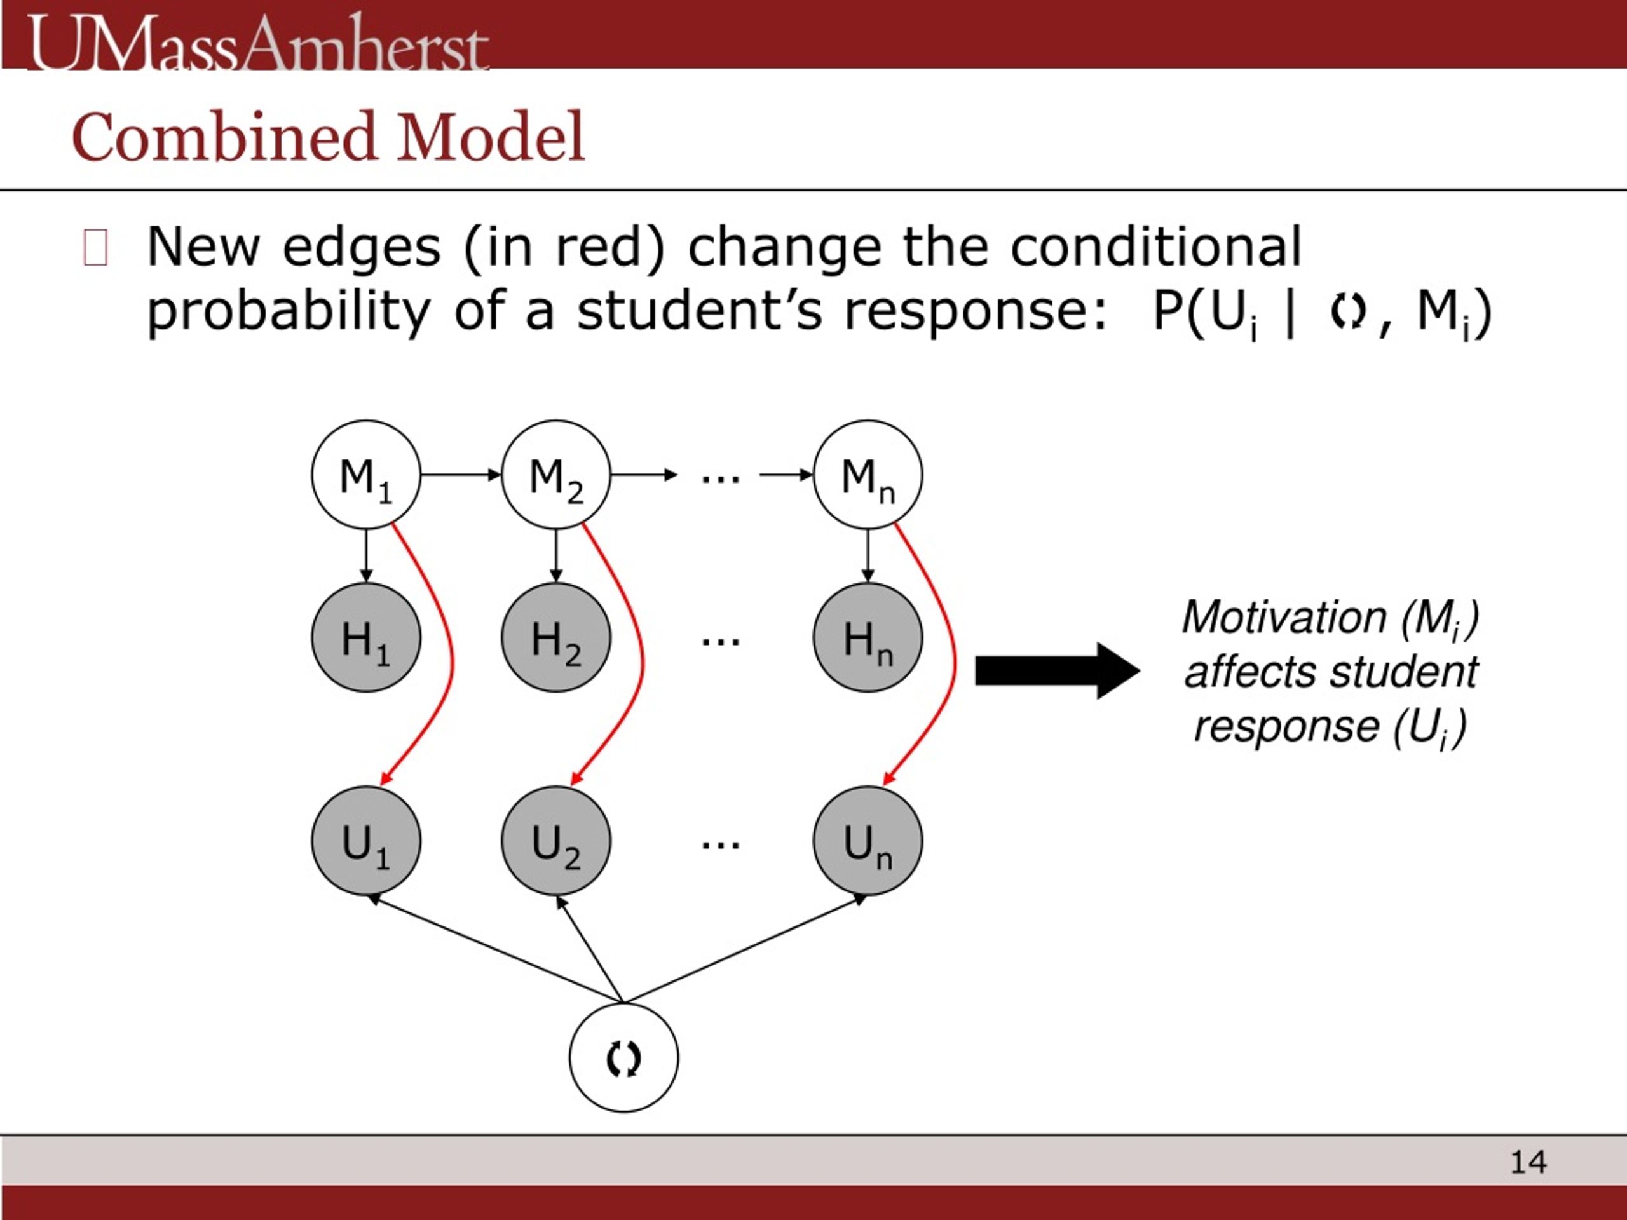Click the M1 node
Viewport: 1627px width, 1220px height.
(x=365, y=474)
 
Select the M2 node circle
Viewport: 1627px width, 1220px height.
(x=556, y=474)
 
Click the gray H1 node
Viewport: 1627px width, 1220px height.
(x=365, y=637)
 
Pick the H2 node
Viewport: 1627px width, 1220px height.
(x=556, y=637)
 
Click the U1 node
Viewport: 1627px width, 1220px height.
(x=365, y=841)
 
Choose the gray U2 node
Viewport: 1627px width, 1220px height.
(x=556, y=841)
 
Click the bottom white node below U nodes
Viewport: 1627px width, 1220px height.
(x=623, y=1057)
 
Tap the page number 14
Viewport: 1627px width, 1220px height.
(x=1528, y=1162)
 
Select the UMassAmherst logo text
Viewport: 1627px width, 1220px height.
(x=257, y=44)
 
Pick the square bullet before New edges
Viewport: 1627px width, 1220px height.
(x=95, y=247)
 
